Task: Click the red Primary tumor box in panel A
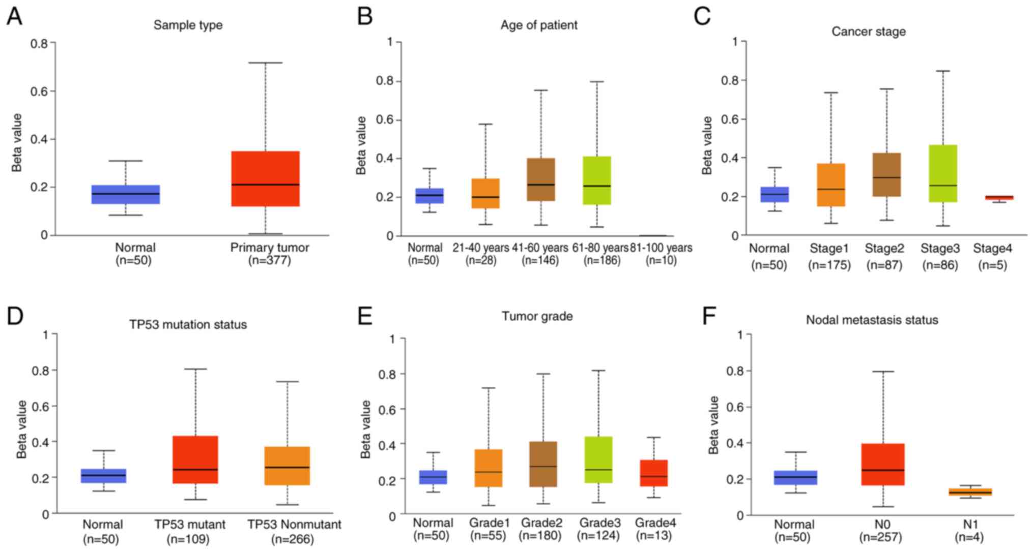click(x=265, y=178)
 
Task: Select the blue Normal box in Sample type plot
click(x=125, y=194)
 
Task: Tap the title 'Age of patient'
click(x=539, y=25)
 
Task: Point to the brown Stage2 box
click(x=887, y=174)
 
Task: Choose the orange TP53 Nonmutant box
click(x=287, y=466)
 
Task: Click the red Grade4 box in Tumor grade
click(x=653, y=473)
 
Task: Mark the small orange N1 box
click(x=970, y=492)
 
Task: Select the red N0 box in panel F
click(x=883, y=464)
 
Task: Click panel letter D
click(x=15, y=316)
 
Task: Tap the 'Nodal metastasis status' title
click(x=872, y=320)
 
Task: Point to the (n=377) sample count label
click(x=269, y=261)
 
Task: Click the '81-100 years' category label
click(x=661, y=248)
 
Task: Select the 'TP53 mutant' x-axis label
click(x=190, y=525)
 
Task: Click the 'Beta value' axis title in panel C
click(x=707, y=145)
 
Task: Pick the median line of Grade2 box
click(x=543, y=466)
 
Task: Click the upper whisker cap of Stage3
click(x=943, y=71)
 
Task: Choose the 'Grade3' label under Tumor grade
click(x=598, y=523)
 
